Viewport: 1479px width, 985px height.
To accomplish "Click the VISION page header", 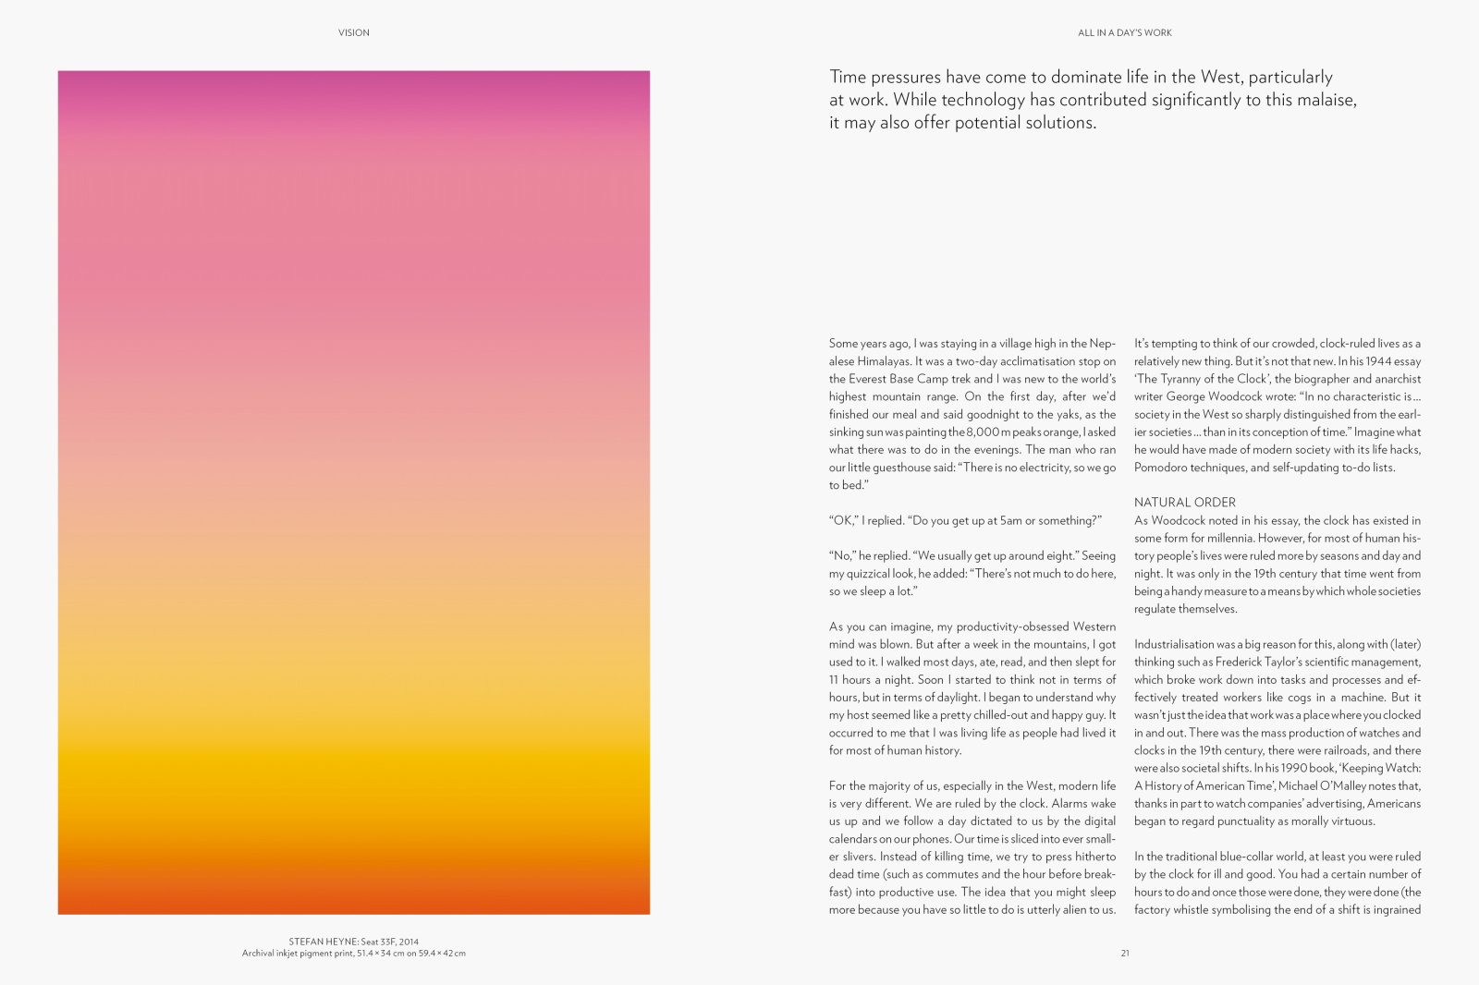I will tap(353, 32).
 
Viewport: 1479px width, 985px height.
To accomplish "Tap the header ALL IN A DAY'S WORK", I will tap(1124, 32).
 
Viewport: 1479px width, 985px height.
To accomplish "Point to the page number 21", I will tap(1125, 953).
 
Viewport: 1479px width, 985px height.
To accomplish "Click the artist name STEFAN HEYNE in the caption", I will tap(323, 942).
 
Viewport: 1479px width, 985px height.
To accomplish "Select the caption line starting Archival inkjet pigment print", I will tap(353, 954).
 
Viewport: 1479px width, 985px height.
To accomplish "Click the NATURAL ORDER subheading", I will tap(1184, 503).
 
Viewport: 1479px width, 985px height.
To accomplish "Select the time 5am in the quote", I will tap(1010, 521).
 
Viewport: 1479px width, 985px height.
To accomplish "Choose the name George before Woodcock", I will tap(1186, 396).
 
